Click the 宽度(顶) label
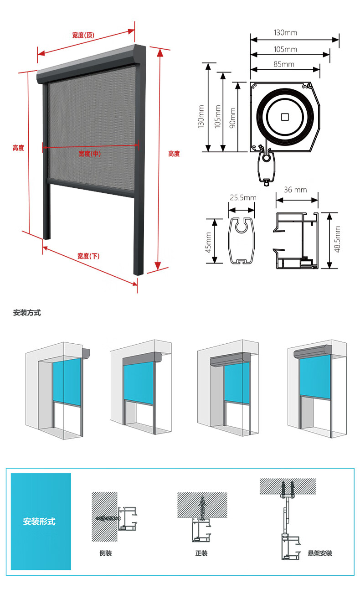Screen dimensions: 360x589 (83, 35)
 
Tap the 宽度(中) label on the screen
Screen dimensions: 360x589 (90, 154)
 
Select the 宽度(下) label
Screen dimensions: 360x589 (88, 256)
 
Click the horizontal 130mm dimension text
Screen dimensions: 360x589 (285, 33)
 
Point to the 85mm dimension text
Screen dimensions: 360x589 (284, 64)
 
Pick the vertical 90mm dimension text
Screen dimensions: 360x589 (232, 118)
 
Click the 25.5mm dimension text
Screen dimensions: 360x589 (243, 197)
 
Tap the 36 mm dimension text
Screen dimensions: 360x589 (295, 190)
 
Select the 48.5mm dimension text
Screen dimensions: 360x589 (337, 239)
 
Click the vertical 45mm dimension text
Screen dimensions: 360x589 (208, 242)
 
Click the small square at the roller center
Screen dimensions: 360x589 (285, 117)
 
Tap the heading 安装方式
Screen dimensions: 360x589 (27, 313)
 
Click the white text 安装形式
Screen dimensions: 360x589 (39, 522)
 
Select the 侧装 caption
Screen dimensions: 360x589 (106, 553)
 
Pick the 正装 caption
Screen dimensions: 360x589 (201, 553)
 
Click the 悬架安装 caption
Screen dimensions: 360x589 (320, 553)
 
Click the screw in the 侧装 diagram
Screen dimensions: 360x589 (108, 518)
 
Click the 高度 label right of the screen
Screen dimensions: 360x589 (174, 154)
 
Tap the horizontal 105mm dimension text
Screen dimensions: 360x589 (285, 49)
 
